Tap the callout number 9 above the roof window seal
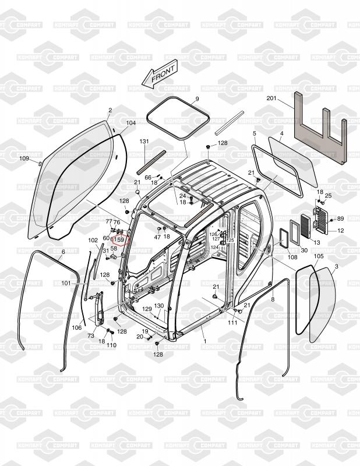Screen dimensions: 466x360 197,98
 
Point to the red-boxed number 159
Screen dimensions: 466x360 119,239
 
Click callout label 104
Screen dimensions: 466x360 130,123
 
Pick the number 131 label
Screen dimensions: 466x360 144,142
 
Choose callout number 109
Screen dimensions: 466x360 24,158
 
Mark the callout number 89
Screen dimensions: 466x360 340,218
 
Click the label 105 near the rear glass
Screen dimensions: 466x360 319,256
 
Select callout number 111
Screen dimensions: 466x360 232,322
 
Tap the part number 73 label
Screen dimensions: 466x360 91,336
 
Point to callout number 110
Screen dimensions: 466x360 111,345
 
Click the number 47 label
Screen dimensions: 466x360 157,237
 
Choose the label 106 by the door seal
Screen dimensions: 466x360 77,327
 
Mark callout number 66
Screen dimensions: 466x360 148,177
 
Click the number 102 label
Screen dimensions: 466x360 93,240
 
